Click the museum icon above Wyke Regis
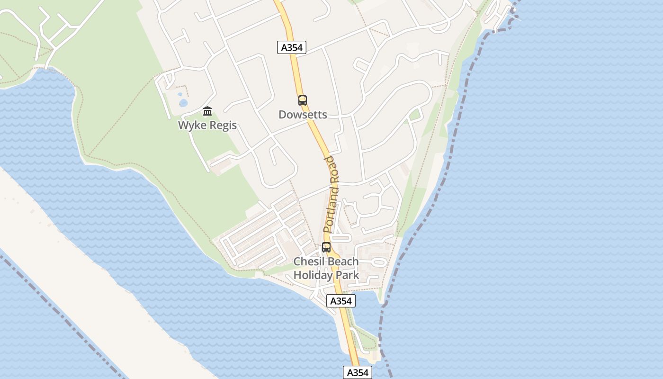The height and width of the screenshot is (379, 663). (x=207, y=111)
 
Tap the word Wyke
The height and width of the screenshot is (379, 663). (x=192, y=126)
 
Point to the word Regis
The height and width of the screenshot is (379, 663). (x=223, y=126)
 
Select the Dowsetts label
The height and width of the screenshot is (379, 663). (x=303, y=115)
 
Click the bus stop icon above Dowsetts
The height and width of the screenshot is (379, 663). (x=303, y=100)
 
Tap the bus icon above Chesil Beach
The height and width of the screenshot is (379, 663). (x=326, y=247)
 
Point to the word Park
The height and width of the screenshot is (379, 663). (x=348, y=275)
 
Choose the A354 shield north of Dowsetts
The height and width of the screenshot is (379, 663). (x=292, y=47)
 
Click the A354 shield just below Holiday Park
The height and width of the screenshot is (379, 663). (x=340, y=301)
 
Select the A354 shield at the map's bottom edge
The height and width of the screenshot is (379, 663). (x=358, y=372)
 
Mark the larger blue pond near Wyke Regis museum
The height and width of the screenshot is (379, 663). (x=183, y=102)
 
